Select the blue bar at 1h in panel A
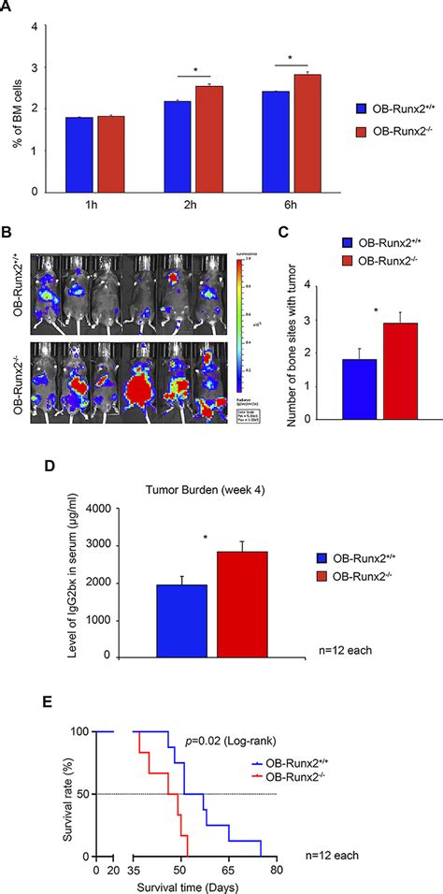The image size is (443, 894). click(79, 154)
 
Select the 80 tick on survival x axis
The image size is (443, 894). click(276, 870)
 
